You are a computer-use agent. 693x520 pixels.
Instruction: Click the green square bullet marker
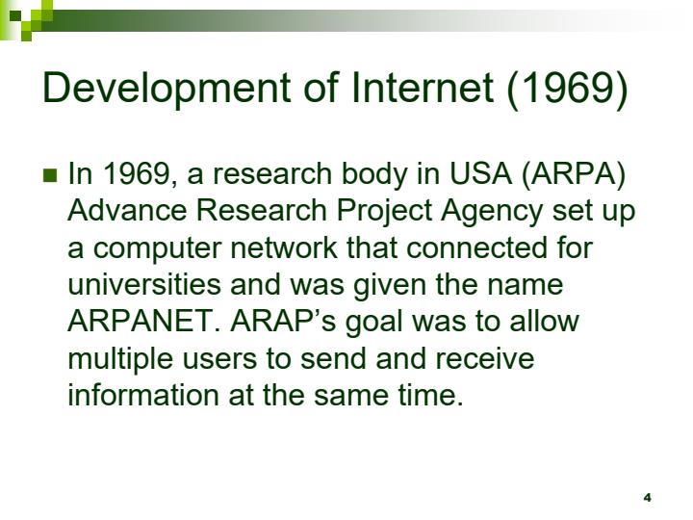[51, 175]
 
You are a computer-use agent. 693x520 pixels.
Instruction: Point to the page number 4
[647, 497]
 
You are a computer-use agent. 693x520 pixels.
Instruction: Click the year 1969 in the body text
[134, 174]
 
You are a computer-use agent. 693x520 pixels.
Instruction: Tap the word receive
[485, 358]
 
